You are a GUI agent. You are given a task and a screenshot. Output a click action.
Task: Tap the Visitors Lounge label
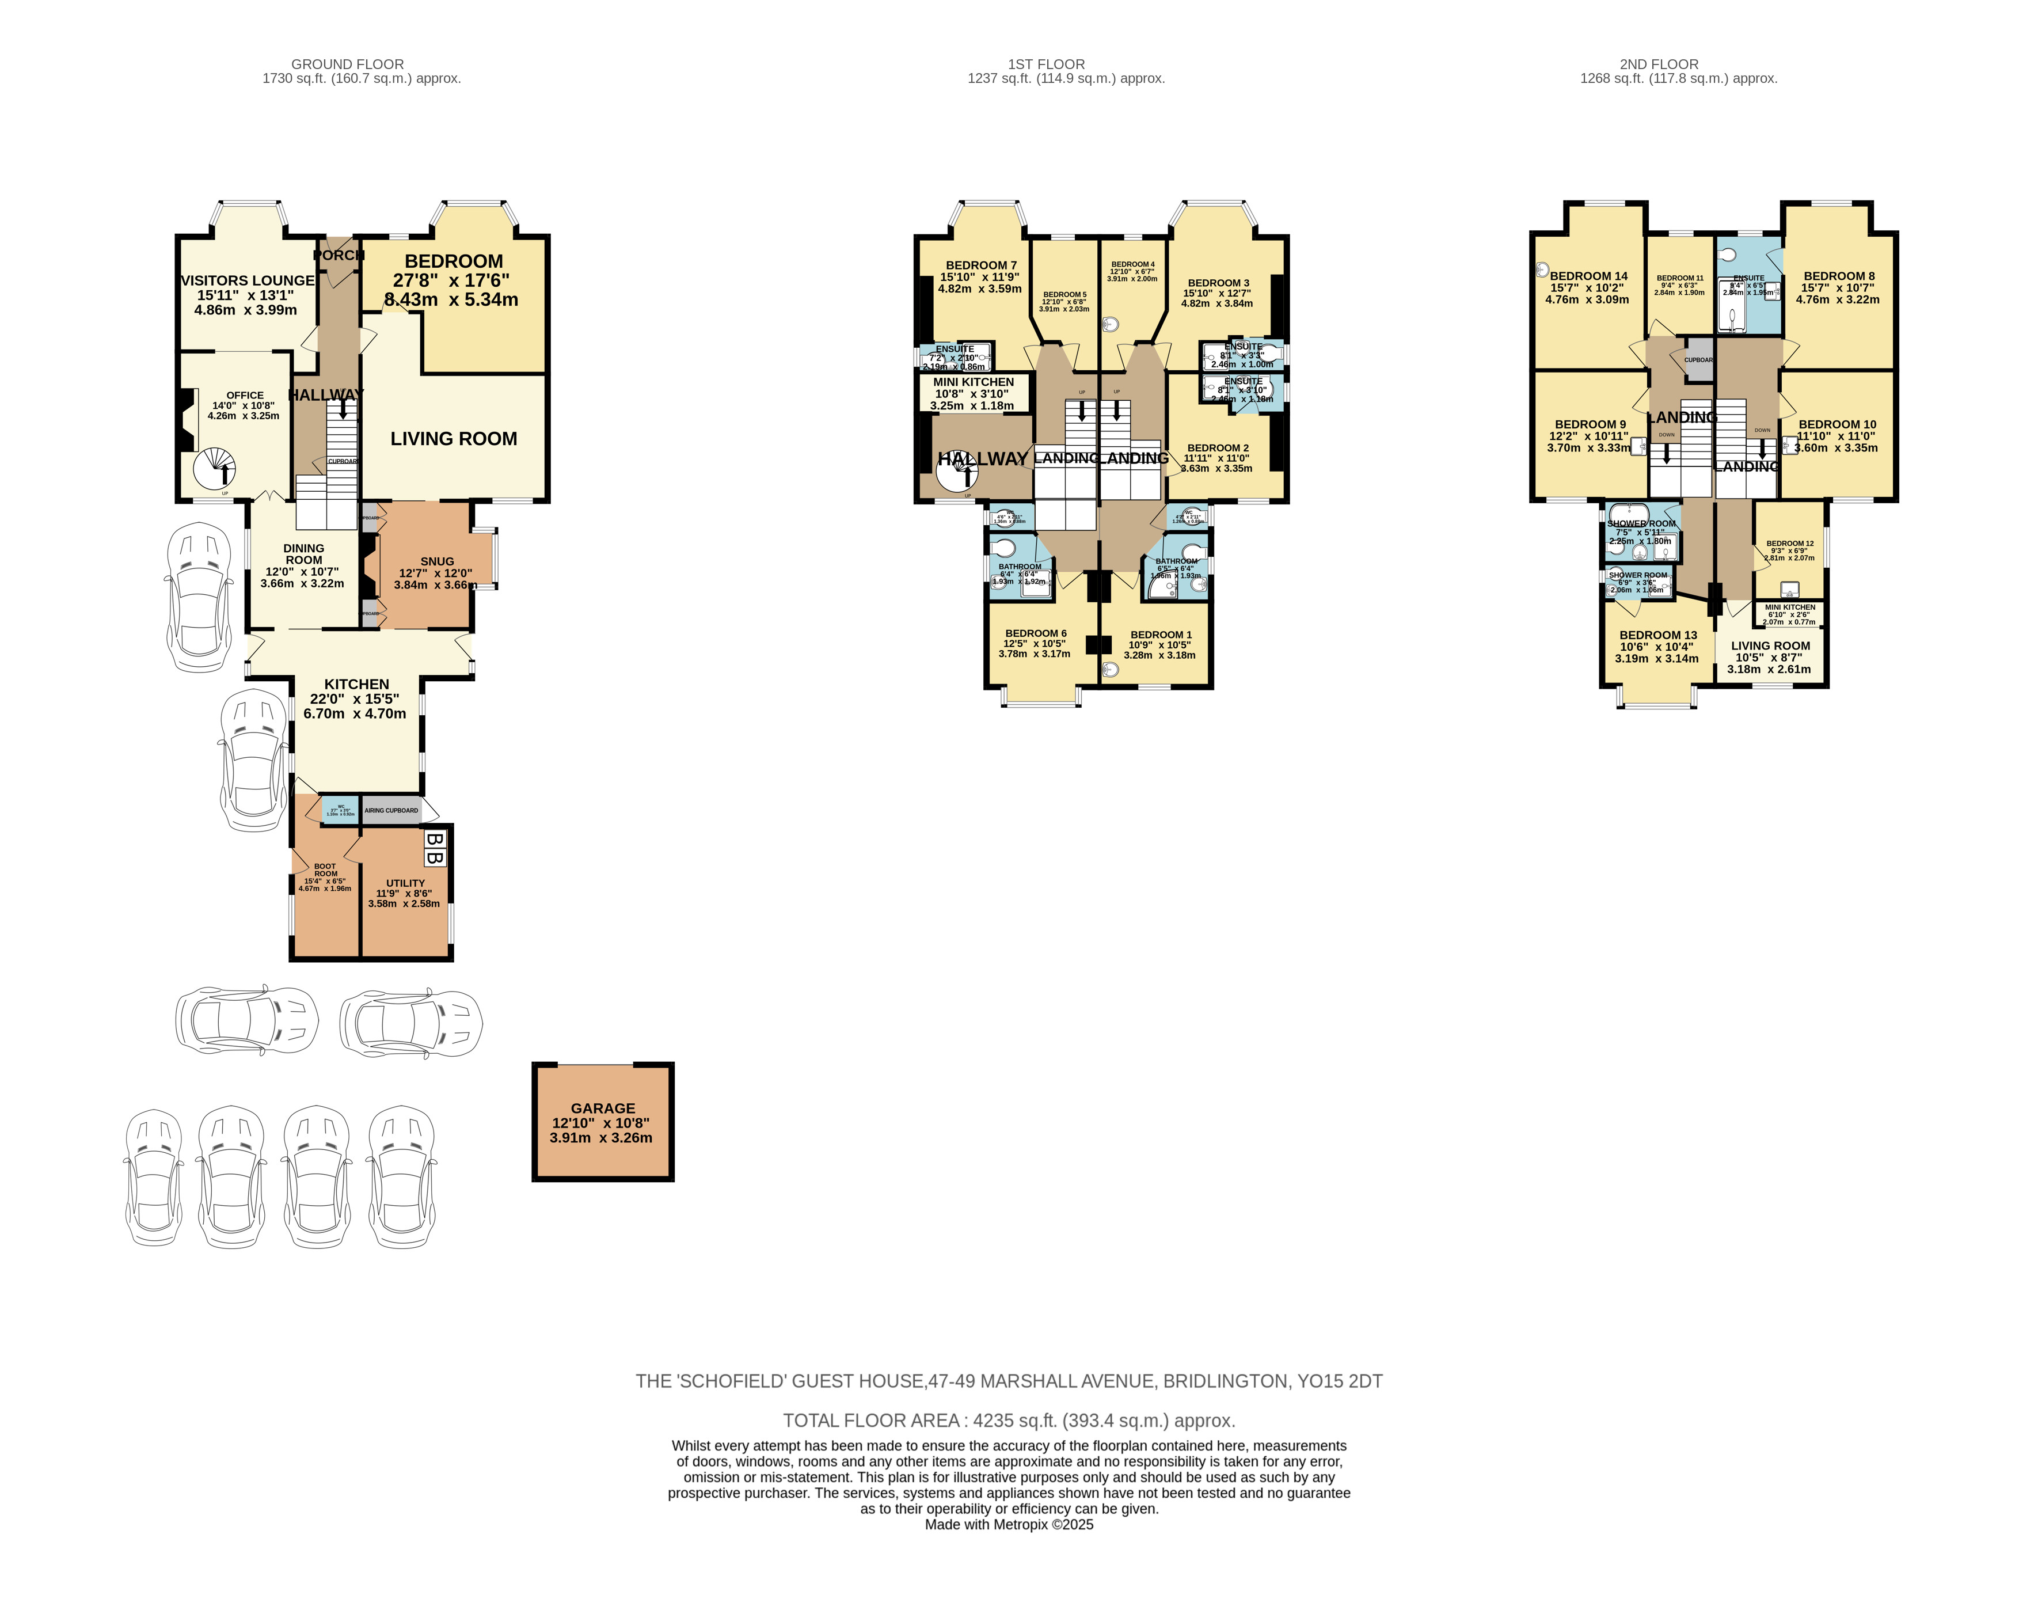[247, 280]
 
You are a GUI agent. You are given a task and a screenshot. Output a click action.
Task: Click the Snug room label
[436, 561]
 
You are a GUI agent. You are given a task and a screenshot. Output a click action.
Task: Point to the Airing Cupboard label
[391, 810]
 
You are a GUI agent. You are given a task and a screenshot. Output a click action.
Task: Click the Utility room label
[405, 883]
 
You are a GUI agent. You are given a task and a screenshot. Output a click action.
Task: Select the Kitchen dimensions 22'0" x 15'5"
[354, 698]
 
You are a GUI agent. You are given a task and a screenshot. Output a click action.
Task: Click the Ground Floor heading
[347, 64]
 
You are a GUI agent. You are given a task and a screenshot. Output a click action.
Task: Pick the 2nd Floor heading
[1659, 64]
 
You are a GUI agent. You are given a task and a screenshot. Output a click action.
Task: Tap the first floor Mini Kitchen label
[973, 382]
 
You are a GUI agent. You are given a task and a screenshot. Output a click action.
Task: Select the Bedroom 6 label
[1036, 634]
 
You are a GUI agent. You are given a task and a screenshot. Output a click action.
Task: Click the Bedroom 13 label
[1657, 635]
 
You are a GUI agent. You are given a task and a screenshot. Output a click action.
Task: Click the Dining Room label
[303, 553]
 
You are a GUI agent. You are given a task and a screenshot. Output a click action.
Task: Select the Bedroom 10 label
[1837, 424]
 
